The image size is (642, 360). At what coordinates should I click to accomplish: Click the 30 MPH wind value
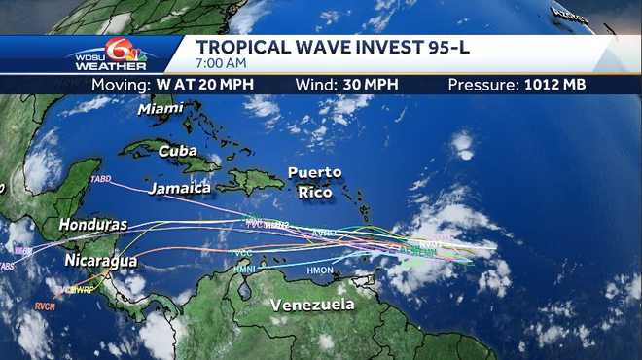point(370,85)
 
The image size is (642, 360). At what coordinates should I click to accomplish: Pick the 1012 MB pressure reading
point(549,85)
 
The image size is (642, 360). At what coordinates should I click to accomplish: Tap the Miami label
point(160,109)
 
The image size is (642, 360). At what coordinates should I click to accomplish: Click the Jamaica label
point(180,187)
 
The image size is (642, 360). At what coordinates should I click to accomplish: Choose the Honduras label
point(93,225)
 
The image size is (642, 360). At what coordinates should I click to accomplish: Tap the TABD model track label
point(100,180)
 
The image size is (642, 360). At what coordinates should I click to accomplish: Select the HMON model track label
point(320,270)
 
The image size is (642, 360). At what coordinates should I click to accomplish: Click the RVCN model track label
point(46,306)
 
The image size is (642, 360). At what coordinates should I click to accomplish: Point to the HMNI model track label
point(243,269)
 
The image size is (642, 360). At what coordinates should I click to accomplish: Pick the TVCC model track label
point(241,254)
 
